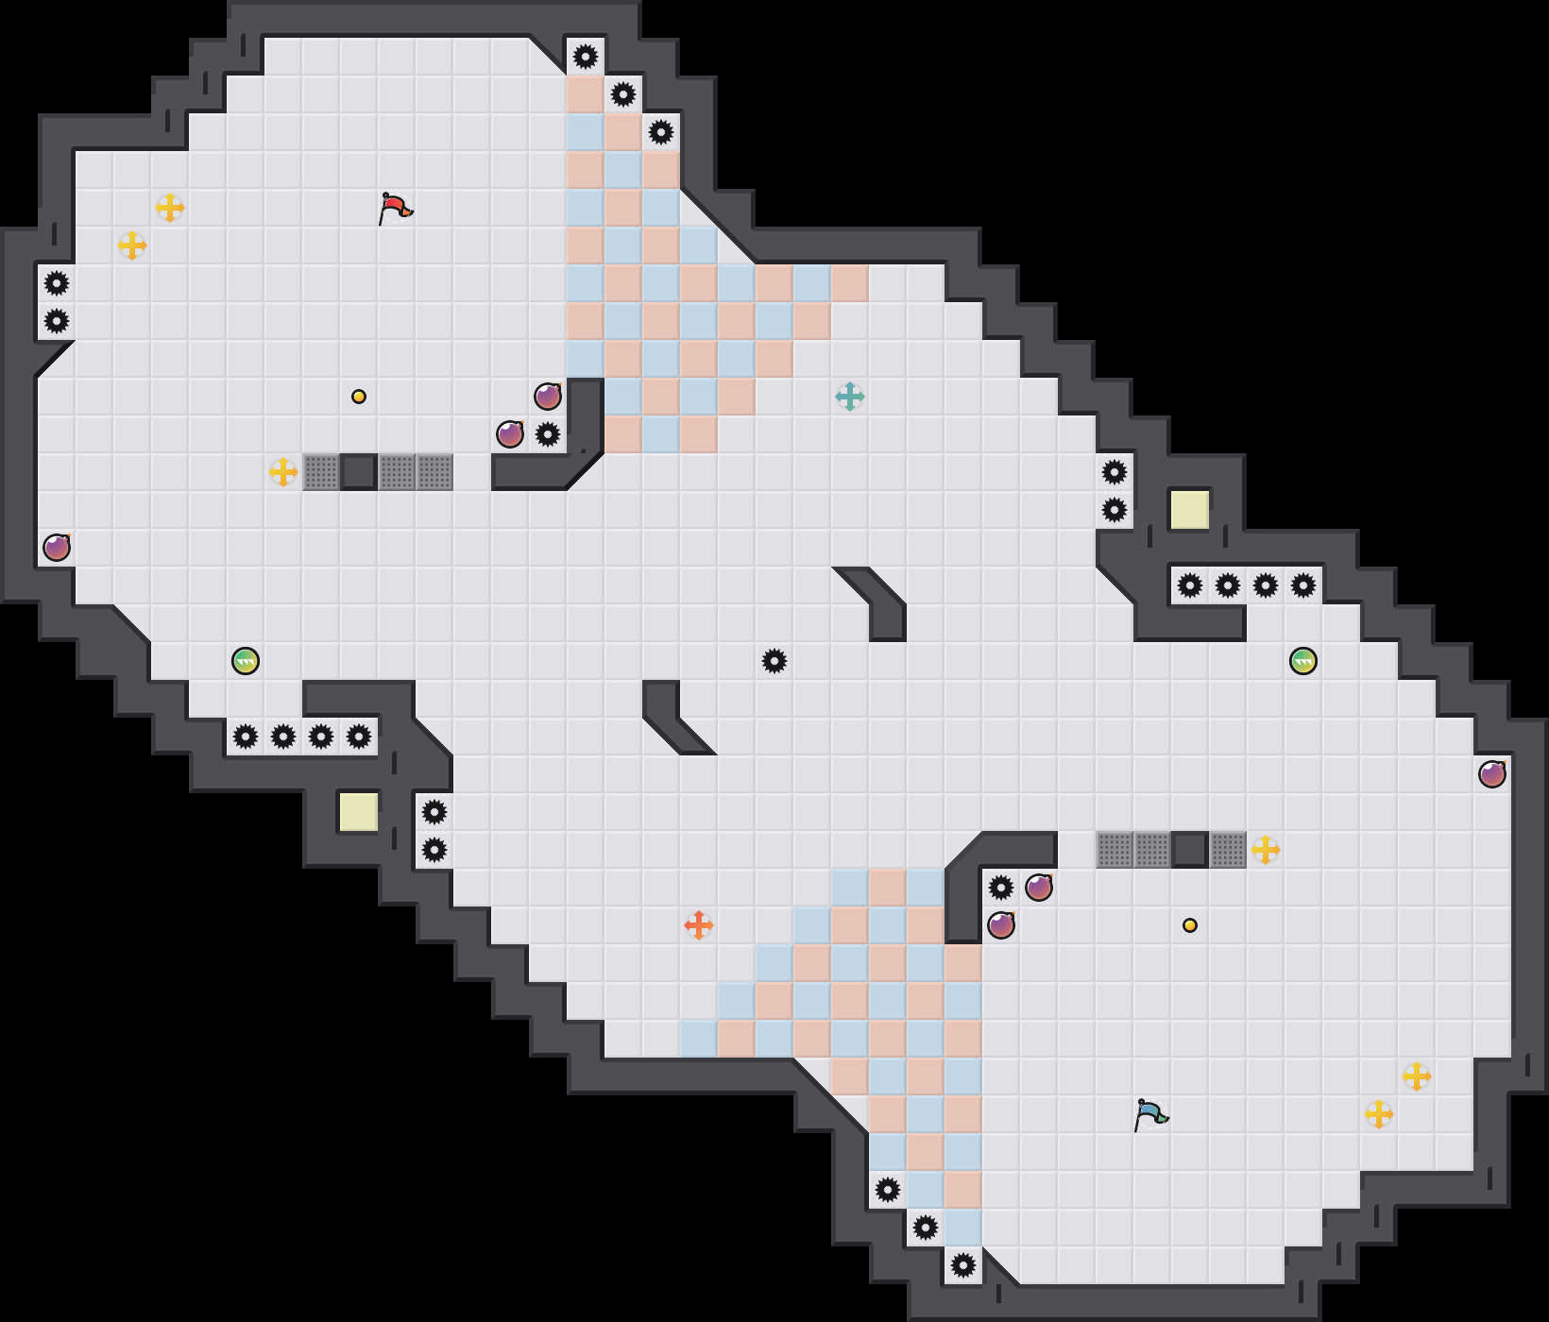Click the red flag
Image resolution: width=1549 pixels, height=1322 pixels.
point(395,208)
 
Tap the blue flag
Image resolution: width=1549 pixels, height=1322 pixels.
point(1150,1114)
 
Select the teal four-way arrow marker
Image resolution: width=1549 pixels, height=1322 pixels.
point(850,397)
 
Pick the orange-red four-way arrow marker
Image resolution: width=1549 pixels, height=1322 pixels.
point(699,925)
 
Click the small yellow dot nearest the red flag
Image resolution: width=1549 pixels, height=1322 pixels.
point(359,397)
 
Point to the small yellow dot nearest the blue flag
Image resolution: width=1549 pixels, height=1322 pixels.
point(1190,925)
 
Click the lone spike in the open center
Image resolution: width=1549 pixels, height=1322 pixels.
point(774,661)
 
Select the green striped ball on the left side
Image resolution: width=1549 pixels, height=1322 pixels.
point(246,661)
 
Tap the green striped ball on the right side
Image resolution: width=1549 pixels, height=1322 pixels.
point(1303,661)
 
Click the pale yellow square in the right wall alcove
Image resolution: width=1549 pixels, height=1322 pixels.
point(1190,510)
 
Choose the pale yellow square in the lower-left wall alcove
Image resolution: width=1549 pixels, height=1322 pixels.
point(359,812)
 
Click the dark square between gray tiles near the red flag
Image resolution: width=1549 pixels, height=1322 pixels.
point(359,472)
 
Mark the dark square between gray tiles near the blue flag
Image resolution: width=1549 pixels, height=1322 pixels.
point(1190,850)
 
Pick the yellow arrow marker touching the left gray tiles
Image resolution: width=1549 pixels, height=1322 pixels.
point(283,472)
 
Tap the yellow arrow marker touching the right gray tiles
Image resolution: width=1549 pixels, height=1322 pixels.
point(1266,850)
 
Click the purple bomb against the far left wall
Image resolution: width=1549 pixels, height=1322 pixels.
point(57,548)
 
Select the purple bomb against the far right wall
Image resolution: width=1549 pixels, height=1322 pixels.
point(1492,774)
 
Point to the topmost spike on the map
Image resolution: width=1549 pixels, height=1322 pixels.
point(586,57)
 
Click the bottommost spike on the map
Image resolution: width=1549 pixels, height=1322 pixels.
point(963,1265)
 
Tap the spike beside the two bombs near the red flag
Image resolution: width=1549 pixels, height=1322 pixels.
point(548,434)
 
